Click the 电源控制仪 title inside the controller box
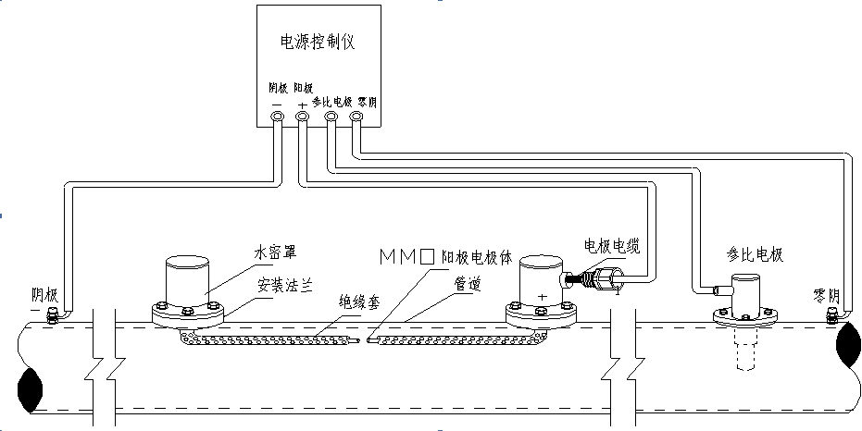click(317, 43)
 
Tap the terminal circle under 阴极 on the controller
click(277, 117)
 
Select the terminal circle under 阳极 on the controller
click(303, 117)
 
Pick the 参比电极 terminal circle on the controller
click(331, 117)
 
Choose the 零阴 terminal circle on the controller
click(356, 117)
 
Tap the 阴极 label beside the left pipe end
click(44, 296)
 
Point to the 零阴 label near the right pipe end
click(825, 297)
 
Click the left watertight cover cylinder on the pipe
click(189, 278)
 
